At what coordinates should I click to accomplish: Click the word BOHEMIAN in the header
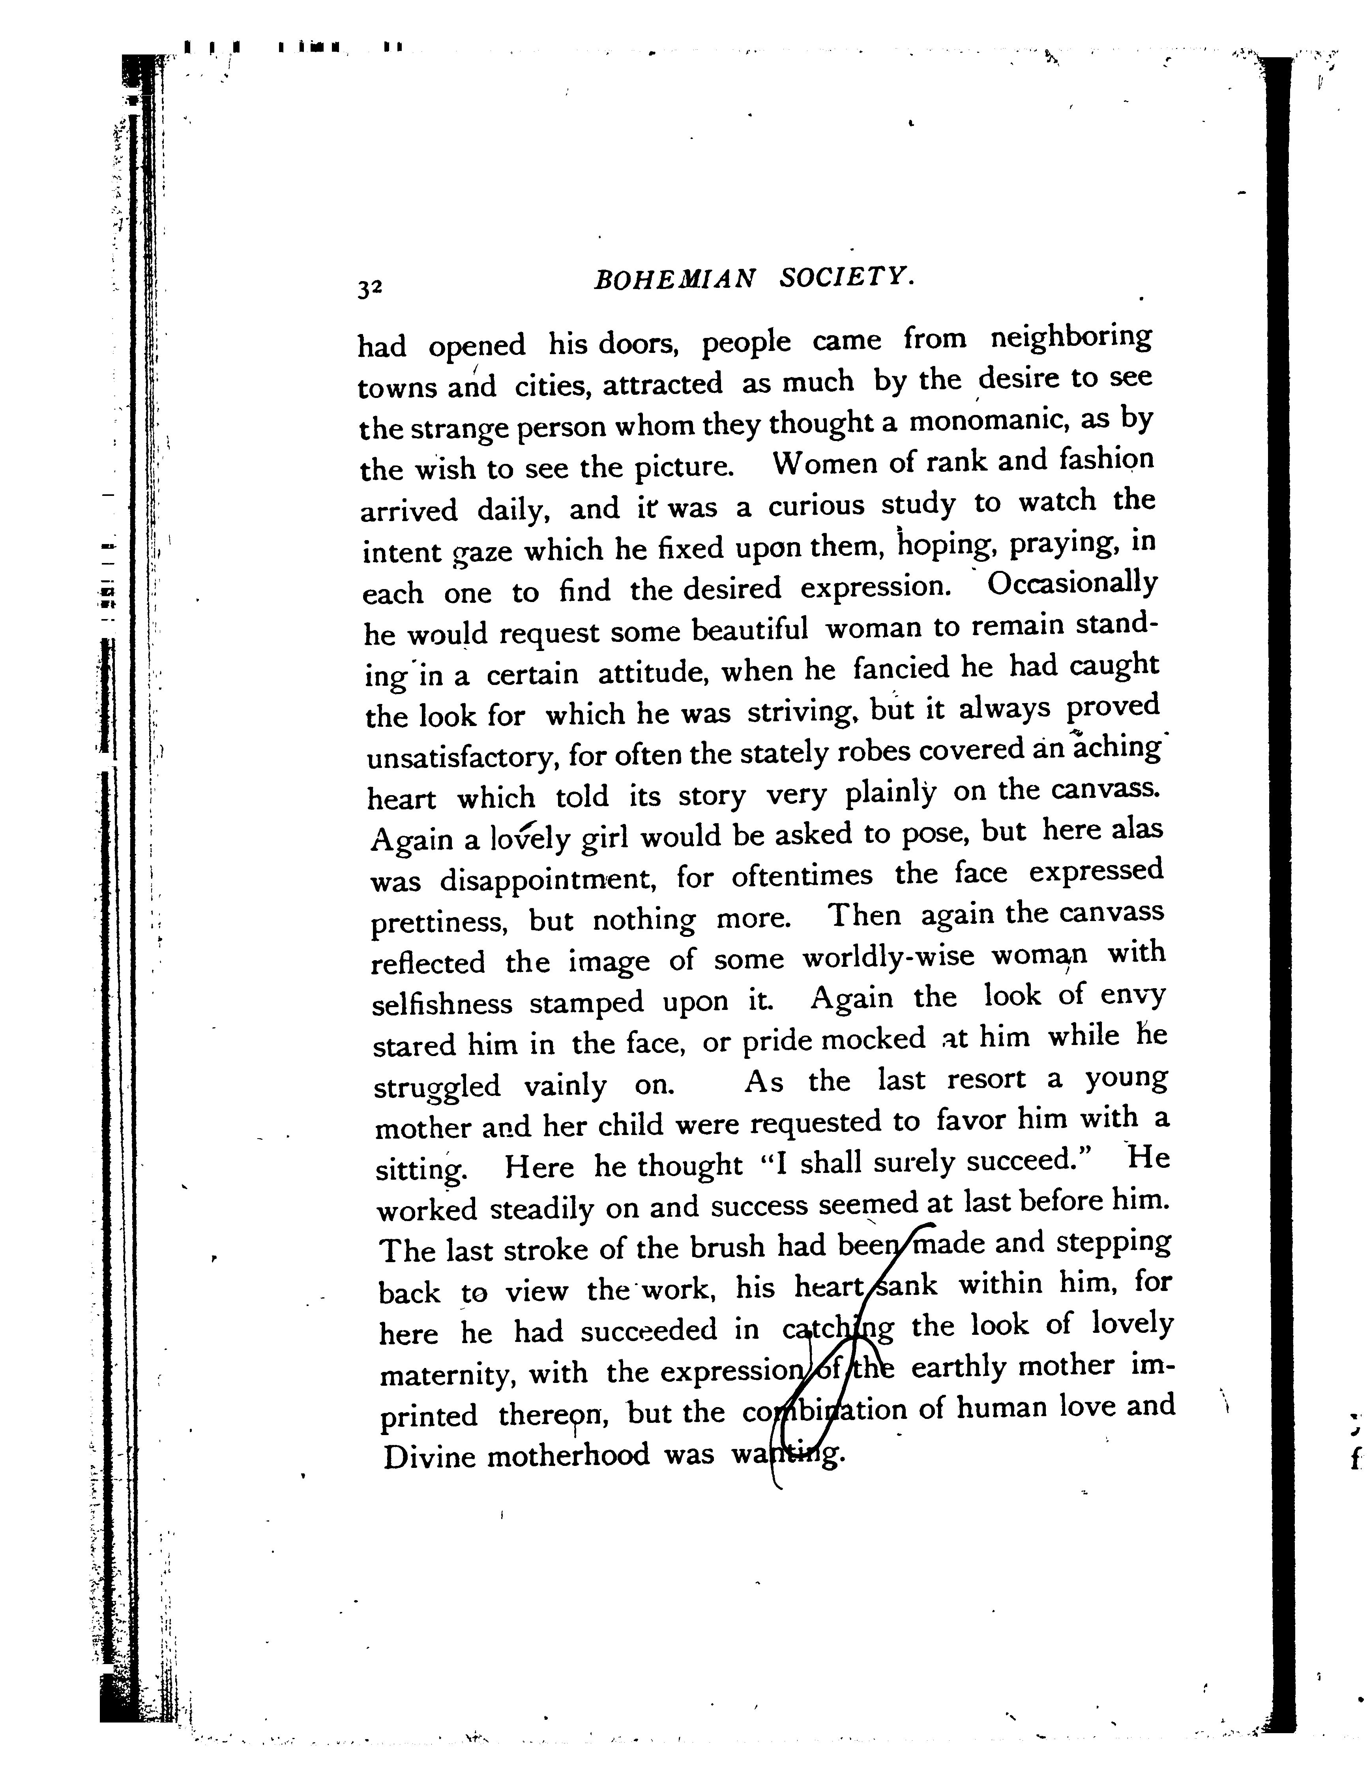tap(675, 280)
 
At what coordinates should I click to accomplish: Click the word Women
tap(823, 464)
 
